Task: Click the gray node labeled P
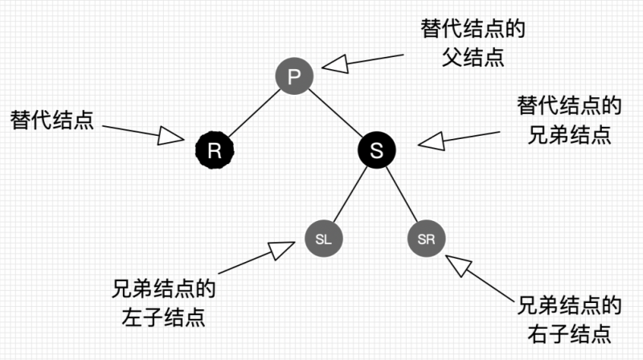tap(293, 76)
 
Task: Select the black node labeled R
tap(214, 150)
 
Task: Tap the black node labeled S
tap(376, 150)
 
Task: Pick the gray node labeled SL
tap(324, 239)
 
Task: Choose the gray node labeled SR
tap(426, 239)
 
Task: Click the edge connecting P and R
tap(253, 113)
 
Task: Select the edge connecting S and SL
tap(350, 194)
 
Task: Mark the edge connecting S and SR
tap(401, 194)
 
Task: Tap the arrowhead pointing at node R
tap(170, 137)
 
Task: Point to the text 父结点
tap(473, 58)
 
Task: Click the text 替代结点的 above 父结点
tap(473, 30)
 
